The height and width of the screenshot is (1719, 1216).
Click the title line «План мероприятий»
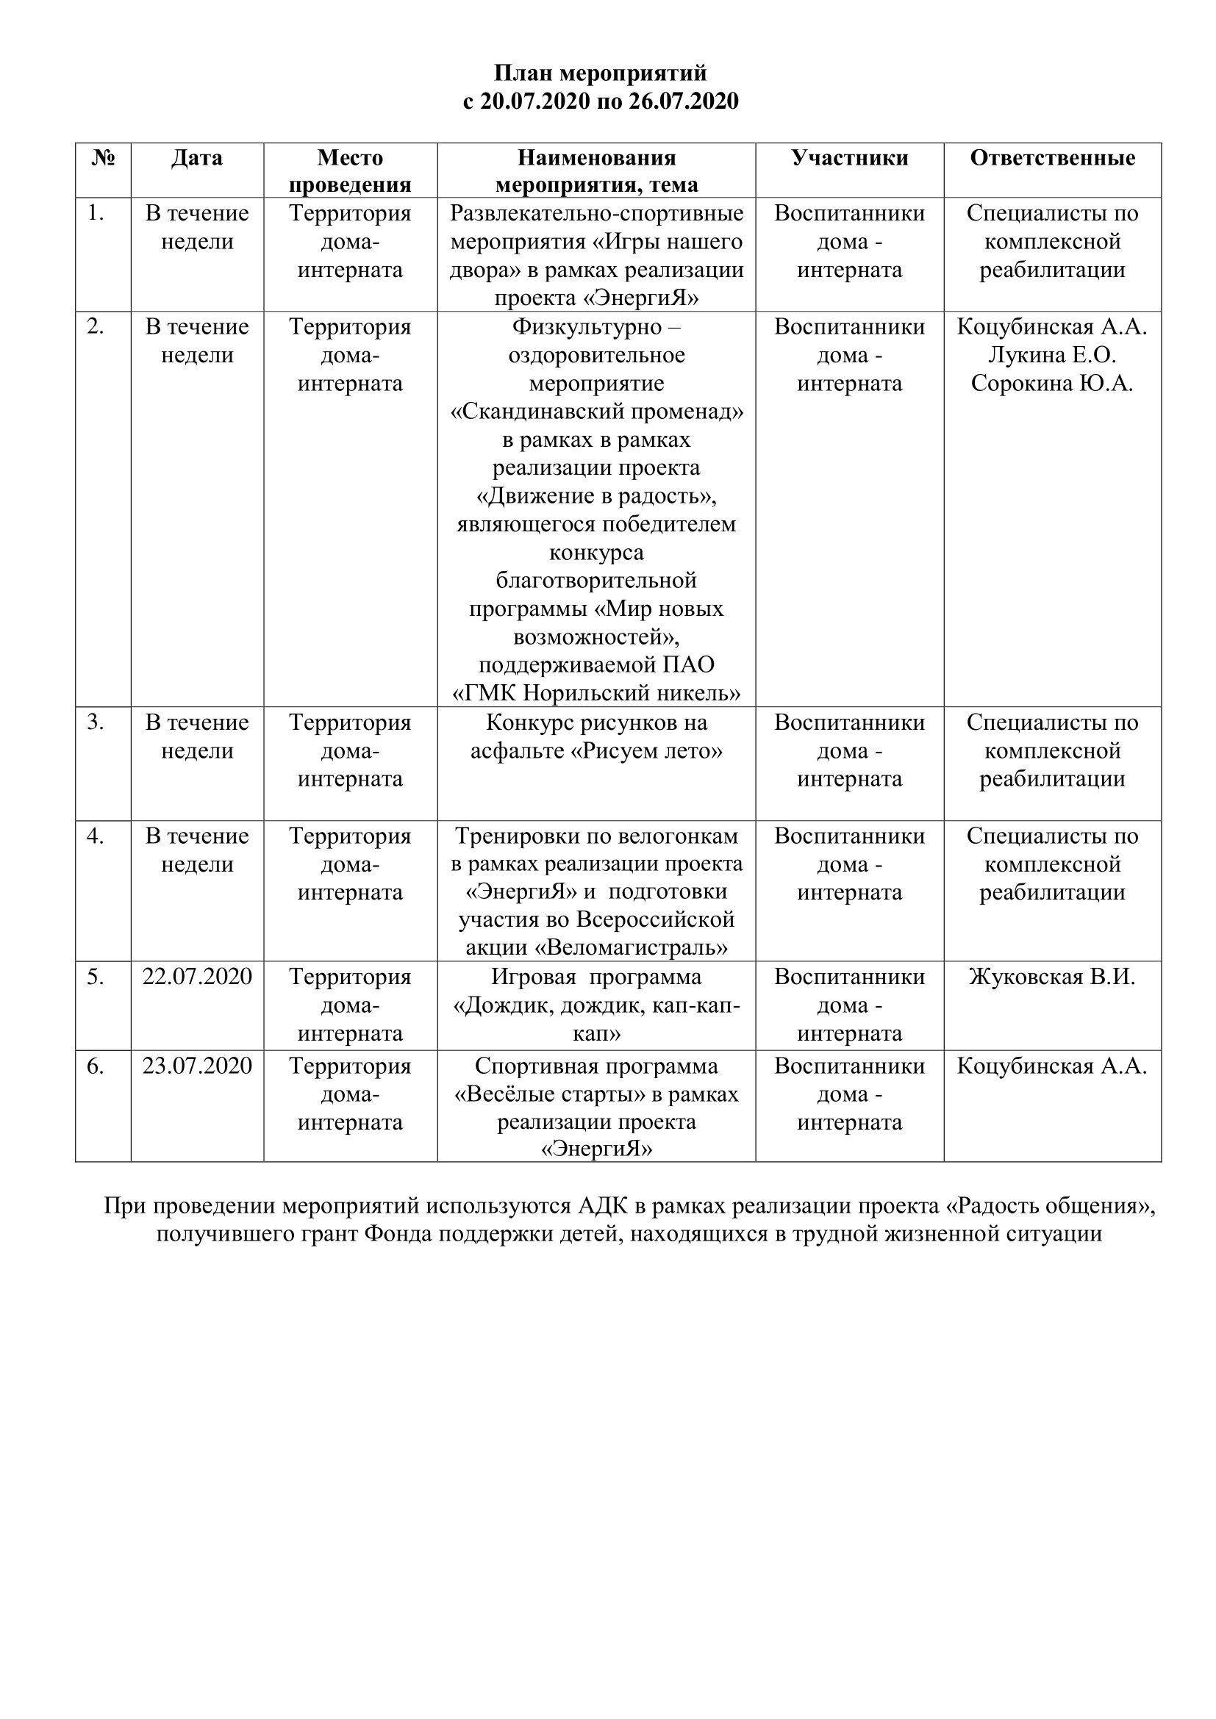(x=600, y=73)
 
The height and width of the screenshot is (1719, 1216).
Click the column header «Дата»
(x=197, y=158)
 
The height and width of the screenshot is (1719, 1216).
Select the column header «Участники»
(x=849, y=158)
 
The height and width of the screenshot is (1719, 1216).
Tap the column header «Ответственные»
(x=1052, y=158)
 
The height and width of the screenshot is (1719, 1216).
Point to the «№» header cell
(x=104, y=158)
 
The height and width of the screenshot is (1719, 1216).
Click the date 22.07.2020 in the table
(x=197, y=977)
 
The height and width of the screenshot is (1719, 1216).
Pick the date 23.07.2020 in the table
(x=197, y=1066)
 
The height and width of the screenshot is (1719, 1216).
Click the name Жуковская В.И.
(x=1052, y=977)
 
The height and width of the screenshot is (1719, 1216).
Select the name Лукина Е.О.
(x=1052, y=355)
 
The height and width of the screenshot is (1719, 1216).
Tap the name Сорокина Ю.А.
(x=1052, y=384)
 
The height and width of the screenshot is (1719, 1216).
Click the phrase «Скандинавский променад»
(x=597, y=412)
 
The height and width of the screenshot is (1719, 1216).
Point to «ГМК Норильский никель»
(x=597, y=693)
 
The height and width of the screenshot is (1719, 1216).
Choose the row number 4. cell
(x=96, y=836)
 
